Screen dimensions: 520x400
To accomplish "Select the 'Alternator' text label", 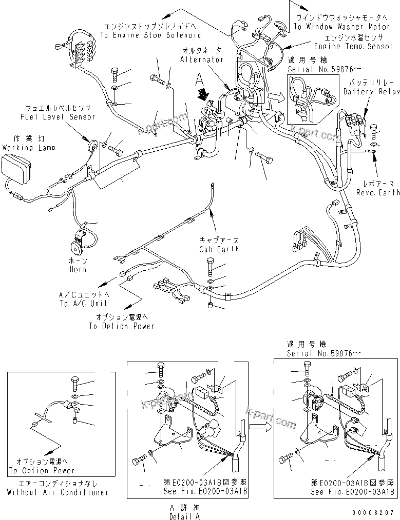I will click(x=202, y=59).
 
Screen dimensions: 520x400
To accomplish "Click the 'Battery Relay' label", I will click(x=371, y=91).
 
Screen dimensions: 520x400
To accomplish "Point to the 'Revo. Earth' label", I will click(x=378, y=192).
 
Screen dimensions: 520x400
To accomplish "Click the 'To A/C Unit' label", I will click(x=84, y=303).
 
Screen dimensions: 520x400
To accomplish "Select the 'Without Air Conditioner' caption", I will click(x=58, y=492).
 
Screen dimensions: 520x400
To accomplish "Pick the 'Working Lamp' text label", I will click(x=22, y=147).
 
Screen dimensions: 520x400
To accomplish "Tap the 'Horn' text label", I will click(x=77, y=269).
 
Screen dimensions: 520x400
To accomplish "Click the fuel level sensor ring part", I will click(x=93, y=145).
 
